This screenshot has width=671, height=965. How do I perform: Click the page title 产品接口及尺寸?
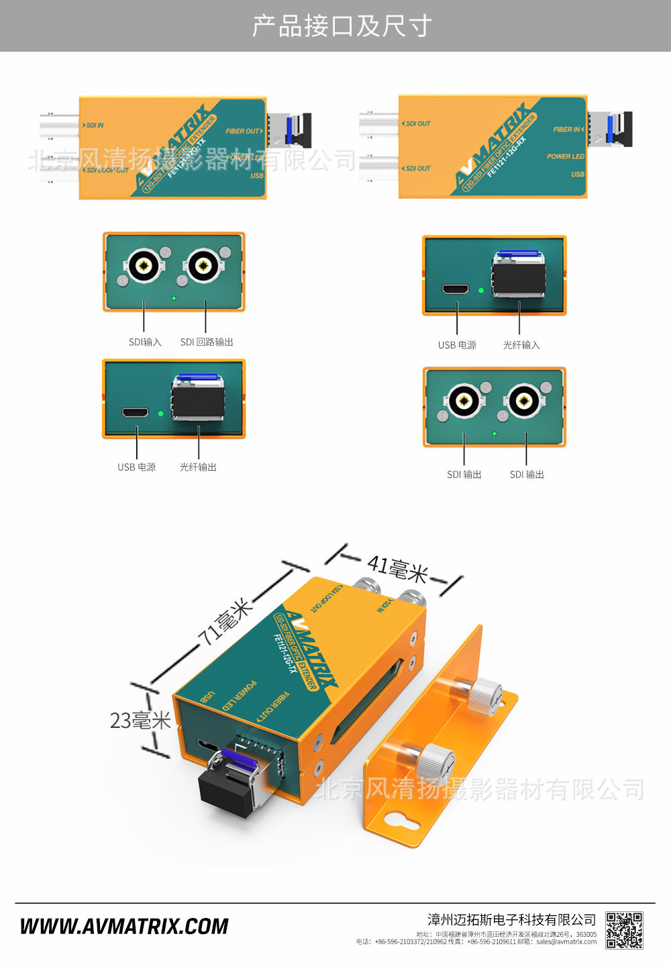[x=342, y=26]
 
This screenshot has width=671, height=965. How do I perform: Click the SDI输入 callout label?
[x=145, y=342]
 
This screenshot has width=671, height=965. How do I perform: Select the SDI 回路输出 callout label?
[x=207, y=342]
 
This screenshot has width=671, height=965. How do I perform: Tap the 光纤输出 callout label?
[x=198, y=467]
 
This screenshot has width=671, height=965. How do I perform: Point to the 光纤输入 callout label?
[x=521, y=344]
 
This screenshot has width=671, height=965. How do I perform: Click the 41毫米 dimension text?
[x=397, y=569]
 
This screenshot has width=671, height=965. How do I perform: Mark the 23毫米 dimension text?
[x=140, y=721]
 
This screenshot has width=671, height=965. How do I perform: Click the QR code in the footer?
[x=624, y=930]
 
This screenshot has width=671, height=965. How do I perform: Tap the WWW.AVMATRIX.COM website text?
[x=124, y=927]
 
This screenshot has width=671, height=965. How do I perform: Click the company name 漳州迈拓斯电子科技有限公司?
[x=511, y=919]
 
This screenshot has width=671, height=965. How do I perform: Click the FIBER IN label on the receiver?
[x=567, y=130]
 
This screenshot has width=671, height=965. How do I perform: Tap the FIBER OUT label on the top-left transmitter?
[x=244, y=132]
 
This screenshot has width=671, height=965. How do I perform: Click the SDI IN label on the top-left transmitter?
[x=95, y=126]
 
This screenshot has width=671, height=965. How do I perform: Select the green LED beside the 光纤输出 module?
[x=160, y=414]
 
